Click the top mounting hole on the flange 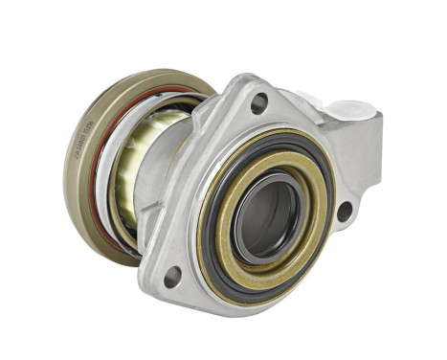(x=258, y=102)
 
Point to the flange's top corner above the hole (x=251, y=81)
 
